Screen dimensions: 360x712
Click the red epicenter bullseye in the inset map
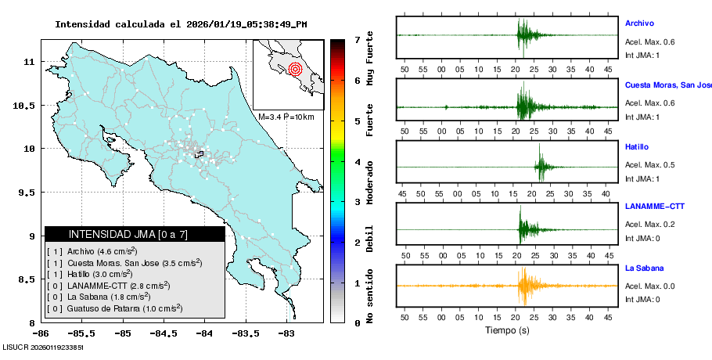coord(295,69)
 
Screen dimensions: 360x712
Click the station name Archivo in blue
coord(639,23)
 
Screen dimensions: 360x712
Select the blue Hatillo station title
coord(637,147)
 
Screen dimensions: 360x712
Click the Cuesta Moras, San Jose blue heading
coord(668,85)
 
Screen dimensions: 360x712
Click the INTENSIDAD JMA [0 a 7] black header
coord(135,234)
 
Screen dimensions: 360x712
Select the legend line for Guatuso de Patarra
coord(115,308)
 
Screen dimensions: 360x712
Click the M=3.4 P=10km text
coord(286,117)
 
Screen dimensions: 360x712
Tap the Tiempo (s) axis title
coord(507,330)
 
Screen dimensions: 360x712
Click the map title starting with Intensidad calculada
coord(180,24)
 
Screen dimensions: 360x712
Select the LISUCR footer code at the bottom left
coord(43,346)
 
